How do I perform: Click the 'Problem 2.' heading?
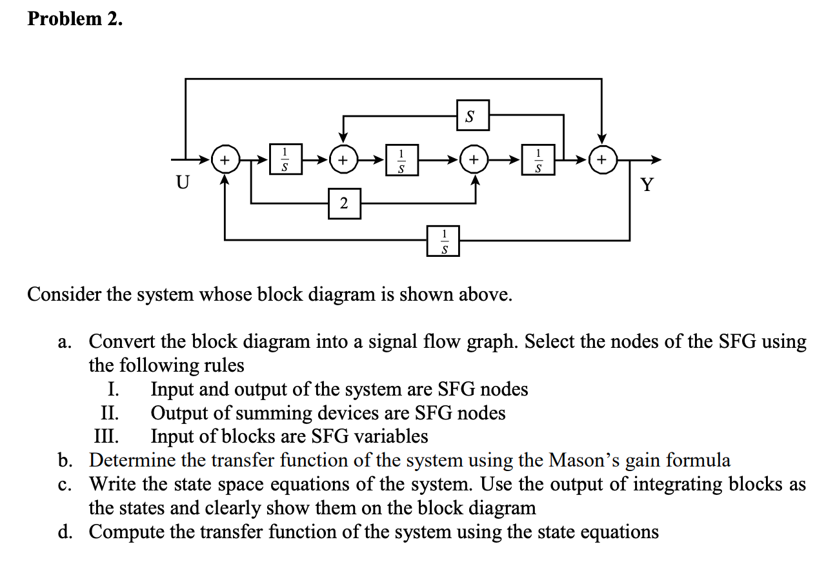74,19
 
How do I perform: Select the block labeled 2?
344,203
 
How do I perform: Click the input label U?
183,183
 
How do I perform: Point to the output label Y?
647,186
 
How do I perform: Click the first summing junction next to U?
225,159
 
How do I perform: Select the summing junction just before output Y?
602,159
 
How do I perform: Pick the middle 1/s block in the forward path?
402,159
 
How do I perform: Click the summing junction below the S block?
474,159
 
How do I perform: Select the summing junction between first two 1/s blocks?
344,159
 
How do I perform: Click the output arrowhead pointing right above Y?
656,159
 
